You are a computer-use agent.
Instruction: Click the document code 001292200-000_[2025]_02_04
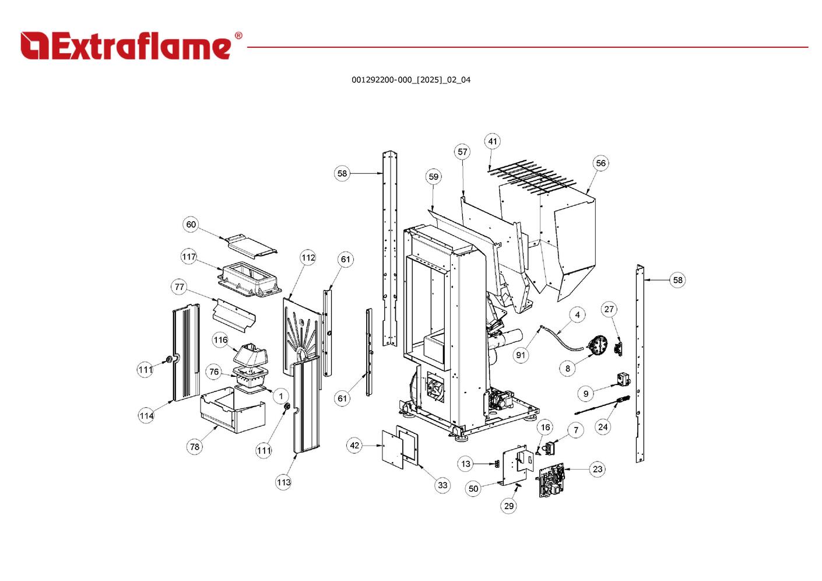pos(410,80)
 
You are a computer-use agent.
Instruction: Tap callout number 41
pos(493,141)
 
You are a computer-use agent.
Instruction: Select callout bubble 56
pos(600,163)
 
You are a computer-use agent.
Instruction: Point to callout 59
pos(433,177)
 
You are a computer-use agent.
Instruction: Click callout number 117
pos(189,257)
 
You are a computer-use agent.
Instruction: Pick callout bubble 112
pos(308,257)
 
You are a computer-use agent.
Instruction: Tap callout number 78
pos(194,447)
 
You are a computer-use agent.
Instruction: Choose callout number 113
pos(283,482)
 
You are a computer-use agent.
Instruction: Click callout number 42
pos(354,446)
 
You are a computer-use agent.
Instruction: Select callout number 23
pos(597,469)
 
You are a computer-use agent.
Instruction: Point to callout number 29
pos(509,506)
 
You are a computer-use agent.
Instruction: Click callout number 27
pos(609,309)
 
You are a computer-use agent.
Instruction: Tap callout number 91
pos(521,355)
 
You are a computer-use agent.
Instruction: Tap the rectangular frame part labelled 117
pos(249,279)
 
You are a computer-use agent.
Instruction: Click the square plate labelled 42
pos(392,449)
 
